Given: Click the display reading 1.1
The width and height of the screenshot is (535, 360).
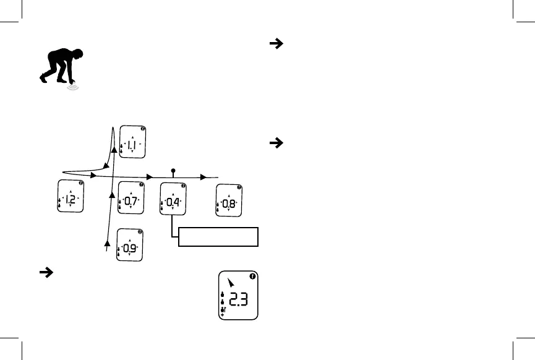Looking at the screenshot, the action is [x=133, y=143].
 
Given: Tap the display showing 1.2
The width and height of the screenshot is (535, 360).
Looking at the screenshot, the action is [x=71, y=197].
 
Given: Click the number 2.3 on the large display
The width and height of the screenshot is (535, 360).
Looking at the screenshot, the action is [x=239, y=301].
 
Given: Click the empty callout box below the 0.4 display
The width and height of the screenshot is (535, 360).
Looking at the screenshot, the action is [x=218, y=236].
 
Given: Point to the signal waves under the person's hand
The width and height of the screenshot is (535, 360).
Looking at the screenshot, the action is [x=74, y=88].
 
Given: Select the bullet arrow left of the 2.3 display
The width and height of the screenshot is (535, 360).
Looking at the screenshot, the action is [x=45, y=273].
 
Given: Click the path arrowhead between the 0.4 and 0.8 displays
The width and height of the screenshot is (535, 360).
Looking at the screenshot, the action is [x=204, y=176].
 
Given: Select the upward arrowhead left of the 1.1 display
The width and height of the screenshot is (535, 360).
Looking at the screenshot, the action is [x=115, y=150].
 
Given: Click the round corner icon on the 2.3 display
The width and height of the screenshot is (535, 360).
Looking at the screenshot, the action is [x=254, y=276].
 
